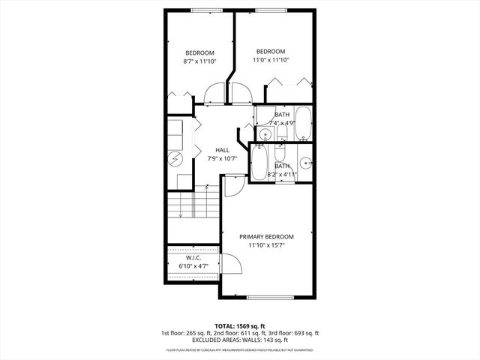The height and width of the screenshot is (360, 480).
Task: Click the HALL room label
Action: pyautogui.click(x=222, y=149)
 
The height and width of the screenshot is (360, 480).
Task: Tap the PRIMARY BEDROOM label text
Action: pyautogui.click(x=266, y=236)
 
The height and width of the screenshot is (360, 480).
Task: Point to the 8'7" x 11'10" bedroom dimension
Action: pyautogui.click(x=200, y=62)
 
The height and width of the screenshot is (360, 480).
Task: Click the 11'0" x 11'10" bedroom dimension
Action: pyautogui.click(x=271, y=60)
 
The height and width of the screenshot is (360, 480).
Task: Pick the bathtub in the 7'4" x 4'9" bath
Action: pyautogui.click(x=302, y=124)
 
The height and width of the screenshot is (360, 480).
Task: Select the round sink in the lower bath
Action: pyautogui.click(x=305, y=162)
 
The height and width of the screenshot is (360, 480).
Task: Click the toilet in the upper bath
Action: pyautogui.click(x=281, y=133)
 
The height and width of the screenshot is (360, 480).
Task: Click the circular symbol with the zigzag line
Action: pyautogui.click(x=175, y=159)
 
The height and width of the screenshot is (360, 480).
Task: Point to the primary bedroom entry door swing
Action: pyautogui.click(x=234, y=186)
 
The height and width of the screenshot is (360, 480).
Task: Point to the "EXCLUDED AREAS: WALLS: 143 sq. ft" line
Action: pyautogui.click(x=240, y=340)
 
